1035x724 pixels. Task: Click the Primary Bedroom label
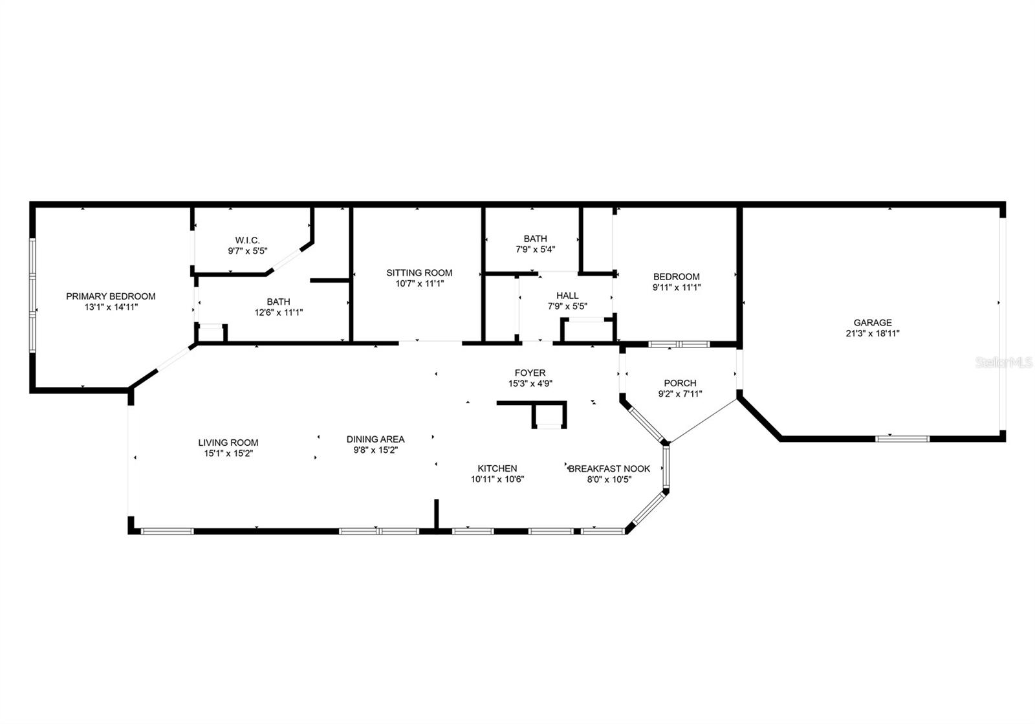coord(111,296)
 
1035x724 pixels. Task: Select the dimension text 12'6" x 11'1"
coord(278,312)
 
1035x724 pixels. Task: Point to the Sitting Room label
coord(419,272)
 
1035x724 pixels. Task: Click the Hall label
coord(567,296)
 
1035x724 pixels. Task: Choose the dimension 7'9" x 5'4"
coord(535,249)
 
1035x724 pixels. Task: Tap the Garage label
coord(872,322)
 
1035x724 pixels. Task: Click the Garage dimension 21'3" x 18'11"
coord(872,333)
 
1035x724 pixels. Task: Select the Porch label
coord(680,383)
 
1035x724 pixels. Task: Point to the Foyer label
coord(530,373)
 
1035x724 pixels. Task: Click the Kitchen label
coord(497,468)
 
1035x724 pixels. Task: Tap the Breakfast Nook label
coord(609,468)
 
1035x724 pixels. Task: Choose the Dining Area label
coord(375,439)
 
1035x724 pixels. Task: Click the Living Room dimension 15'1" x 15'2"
coord(228,454)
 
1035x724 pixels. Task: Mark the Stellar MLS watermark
coord(1003,363)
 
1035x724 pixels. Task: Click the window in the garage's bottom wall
coord(902,439)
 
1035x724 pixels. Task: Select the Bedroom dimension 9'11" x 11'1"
coord(677,287)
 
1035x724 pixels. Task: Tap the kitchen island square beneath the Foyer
coord(549,415)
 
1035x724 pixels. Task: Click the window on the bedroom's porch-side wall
coord(679,344)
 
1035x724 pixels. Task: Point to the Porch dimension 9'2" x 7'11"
coord(680,394)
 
